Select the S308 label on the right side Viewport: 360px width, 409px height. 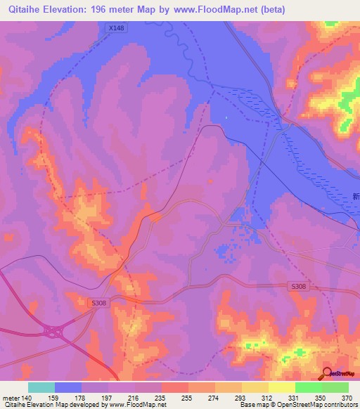click(300, 287)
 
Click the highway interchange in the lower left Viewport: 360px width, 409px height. click(53, 330)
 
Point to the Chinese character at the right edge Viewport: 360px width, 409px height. click(356, 197)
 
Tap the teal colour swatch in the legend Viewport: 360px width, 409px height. click(41, 387)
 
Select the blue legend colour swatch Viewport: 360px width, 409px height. click(68, 387)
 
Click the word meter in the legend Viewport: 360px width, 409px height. click(10, 398)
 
